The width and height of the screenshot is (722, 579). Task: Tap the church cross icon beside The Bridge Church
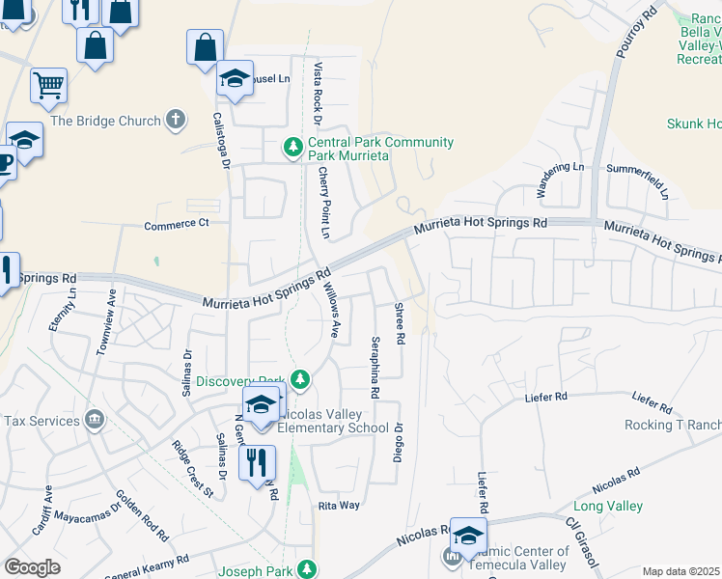174,120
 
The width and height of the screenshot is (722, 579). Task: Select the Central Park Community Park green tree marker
292,148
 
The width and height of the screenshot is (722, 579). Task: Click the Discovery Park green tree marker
300,380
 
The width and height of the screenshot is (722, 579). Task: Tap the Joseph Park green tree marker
307,570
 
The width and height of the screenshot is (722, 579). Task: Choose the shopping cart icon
48,86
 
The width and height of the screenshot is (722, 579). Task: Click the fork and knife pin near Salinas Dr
257,462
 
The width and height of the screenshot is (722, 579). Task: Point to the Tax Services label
41,421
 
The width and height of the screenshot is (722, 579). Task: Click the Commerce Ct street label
177,225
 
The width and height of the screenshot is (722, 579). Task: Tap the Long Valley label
608,506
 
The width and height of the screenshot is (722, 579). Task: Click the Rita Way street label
340,506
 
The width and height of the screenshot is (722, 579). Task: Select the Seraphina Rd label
375,368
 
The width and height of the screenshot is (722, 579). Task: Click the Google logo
32,567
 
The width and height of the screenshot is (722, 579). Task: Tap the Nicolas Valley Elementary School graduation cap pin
260,405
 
